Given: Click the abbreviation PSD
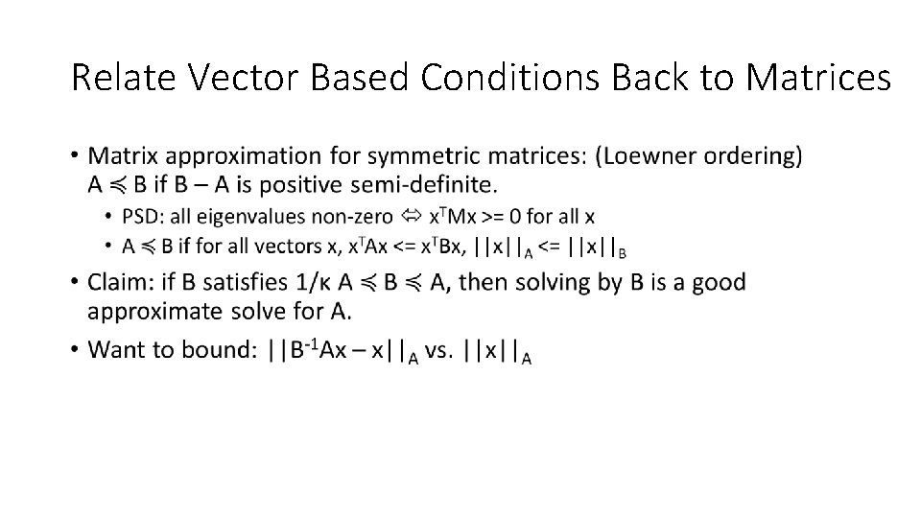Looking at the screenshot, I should coord(142,216).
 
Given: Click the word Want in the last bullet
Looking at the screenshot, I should coord(113,349).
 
